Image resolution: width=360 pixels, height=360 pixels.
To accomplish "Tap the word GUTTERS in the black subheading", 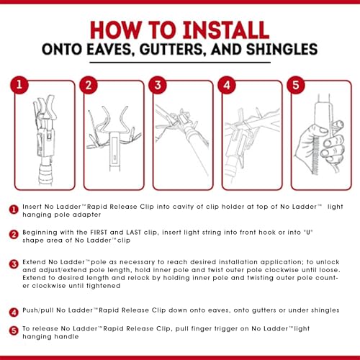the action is pyautogui.click(x=172, y=49).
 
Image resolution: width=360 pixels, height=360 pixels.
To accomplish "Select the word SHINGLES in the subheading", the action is pyautogui.click(x=282, y=49).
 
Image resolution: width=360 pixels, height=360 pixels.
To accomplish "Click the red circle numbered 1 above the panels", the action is pyautogui.click(x=19, y=85).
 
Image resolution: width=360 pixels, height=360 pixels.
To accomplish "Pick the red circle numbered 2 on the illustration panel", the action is pyautogui.click(x=89, y=85).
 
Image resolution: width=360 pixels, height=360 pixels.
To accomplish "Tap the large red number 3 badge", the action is pyautogui.click(x=158, y=85).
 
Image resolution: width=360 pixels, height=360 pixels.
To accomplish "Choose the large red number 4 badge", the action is pyautogui.click(x=227, y=85).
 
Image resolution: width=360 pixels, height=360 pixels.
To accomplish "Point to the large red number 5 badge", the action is pyautogui.click(x=296, y=85).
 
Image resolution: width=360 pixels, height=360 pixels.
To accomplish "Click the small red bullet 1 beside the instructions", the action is pyautogui.click(x=14, y=210).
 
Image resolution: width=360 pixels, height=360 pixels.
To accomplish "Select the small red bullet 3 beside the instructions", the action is pyautogui.click(x=14, y=264).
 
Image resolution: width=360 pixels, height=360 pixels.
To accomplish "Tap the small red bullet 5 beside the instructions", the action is pyautogui.click(x=14, y=330).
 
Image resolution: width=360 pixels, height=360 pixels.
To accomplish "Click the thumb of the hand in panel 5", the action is pyautogui.click(x=318, y=130).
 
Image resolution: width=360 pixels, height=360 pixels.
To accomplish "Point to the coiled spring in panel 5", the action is pyautogui.click(x=315, y=155).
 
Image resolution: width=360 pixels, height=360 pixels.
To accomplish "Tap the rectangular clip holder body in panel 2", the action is pyautogui.click(x=114, y=150).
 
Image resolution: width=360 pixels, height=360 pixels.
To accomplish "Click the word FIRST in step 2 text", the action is pyautogui.click(x=99, y=233).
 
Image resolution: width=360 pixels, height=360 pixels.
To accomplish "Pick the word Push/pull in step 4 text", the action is pyautogui.click(x=37, y=310).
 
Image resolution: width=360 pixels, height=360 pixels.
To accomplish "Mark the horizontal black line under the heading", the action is pyautogui.click(x=180, y=63).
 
